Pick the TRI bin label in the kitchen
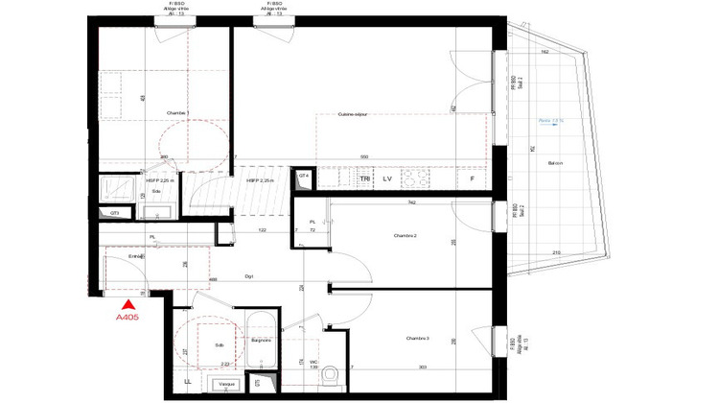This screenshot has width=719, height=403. pyautogui.click(x=364, y=179)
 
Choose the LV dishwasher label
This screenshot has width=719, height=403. pyautogui.click(x=388, y=179)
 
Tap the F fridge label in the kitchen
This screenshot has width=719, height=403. pyautogui.click(x=472, y=179)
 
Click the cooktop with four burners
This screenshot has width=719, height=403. pyautogui.click(x=418, y=178)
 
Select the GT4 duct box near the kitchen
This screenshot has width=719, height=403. pyautogui.click(x=303, y=177)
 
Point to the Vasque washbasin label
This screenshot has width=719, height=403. pyautogui.click(x=227, y=384)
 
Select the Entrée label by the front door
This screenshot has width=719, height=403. pyautogui.click(x=137, y=256)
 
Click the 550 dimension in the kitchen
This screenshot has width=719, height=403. pyautogui.click(x=364, y=156)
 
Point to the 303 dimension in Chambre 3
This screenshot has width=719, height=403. pyautogui.click(x=423, y=367)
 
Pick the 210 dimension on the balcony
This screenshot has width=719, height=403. pyautogui.click(x=557, y=252)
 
